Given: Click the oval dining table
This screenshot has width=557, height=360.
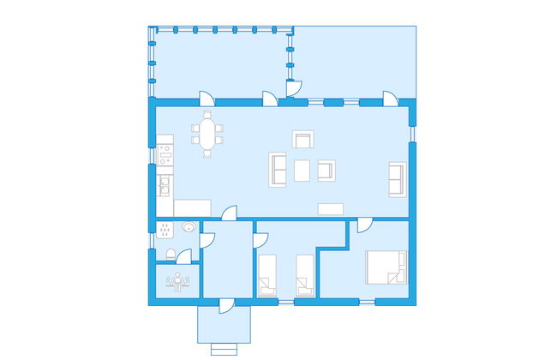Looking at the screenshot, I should pos(208,134).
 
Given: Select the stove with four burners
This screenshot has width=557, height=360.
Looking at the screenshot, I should pos(165,153).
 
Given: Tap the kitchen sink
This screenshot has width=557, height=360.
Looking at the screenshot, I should pos(165,183).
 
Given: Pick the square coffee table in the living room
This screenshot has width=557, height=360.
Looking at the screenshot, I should pos(302,171).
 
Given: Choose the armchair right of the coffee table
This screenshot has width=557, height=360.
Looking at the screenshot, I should pos(326,171).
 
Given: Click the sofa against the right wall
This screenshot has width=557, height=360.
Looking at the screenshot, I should pos(397,178).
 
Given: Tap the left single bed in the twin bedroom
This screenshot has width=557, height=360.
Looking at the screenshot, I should pos(268,275).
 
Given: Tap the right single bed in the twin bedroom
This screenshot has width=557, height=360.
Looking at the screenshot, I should pos(306,275).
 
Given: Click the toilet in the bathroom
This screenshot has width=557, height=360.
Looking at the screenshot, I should pos(171,253).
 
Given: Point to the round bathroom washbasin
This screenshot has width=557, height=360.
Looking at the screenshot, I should pos(189,228).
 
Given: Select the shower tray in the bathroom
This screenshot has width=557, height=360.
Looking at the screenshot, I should pos(165,229).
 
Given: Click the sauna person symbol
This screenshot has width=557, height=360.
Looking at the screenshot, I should pos(178,280).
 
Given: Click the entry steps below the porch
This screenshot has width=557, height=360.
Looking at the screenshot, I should pos(224,350).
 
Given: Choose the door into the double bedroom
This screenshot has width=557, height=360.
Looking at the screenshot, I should pos(363,225).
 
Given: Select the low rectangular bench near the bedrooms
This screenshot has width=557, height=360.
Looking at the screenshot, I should pos(330,208).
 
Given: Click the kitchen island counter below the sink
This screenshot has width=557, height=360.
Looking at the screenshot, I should pos(193,207).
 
